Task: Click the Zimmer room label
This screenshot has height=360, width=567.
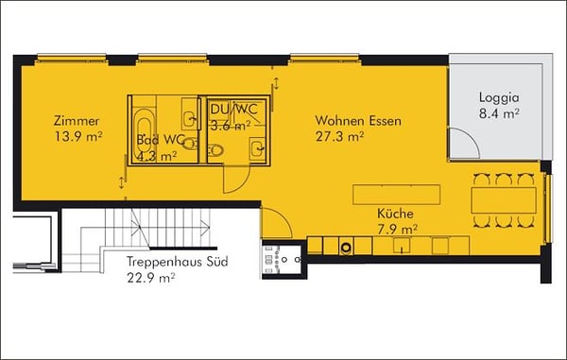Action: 77,121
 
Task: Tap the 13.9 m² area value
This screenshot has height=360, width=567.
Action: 78,137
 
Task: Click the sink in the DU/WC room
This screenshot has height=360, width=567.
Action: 259,146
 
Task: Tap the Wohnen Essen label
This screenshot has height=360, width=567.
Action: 359,121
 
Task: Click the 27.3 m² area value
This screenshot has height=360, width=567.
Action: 339,137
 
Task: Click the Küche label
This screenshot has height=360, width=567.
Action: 396,214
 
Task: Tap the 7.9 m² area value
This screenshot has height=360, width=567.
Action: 396,229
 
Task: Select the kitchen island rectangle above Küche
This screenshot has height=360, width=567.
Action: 397,195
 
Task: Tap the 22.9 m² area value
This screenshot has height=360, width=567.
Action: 151,279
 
